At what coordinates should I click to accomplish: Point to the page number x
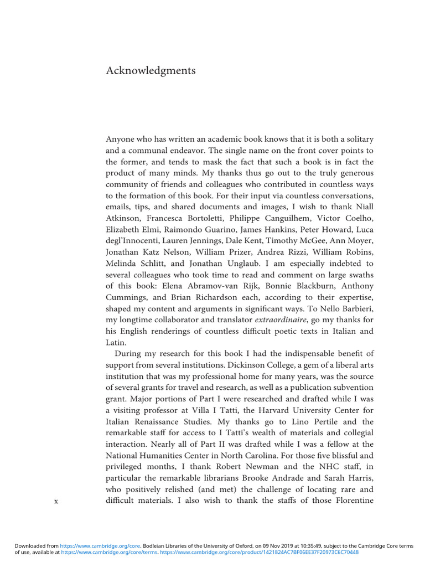point(56,501)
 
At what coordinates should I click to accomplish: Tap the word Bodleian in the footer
point(159,546)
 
